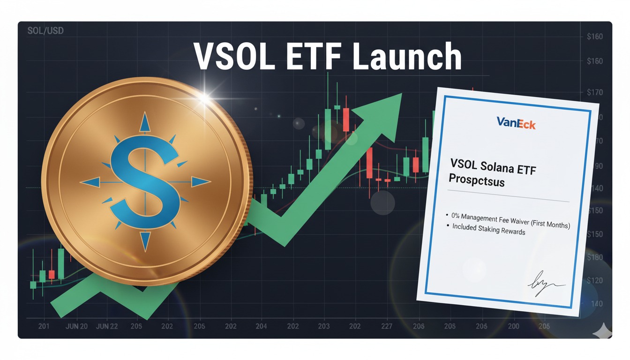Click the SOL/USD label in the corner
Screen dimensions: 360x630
tap(45, 31)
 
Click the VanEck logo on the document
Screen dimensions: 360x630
tap(516, 123)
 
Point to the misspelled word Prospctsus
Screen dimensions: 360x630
tap(476, 180)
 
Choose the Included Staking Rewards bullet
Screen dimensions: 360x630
tap(488, 229)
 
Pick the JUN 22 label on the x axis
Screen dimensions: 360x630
tap(107, 326)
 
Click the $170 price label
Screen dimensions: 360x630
tap(594, 92)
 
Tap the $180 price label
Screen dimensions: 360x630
tap(594, 257)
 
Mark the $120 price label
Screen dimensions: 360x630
tap(594, 280)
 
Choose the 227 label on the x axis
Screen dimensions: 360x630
tap(387, 326)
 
